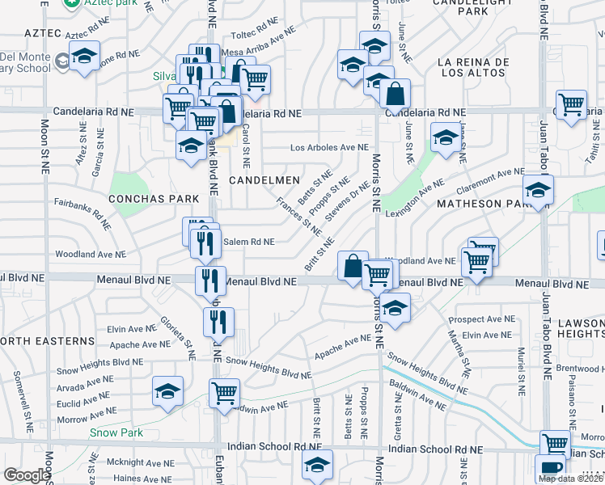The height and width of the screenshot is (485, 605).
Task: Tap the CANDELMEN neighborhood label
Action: (264, 179)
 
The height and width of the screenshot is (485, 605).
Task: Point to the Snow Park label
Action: (116, 433)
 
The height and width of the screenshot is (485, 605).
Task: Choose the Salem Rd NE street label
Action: (248, 242)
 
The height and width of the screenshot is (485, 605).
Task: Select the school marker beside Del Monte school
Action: (83, 57)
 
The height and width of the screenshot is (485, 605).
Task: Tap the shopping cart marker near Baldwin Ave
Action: (225, 394)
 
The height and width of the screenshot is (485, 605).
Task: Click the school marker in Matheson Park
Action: (536, 191)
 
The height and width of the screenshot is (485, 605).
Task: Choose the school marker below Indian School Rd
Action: (317, 465)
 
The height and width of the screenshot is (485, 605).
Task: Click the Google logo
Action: (27, 475)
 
